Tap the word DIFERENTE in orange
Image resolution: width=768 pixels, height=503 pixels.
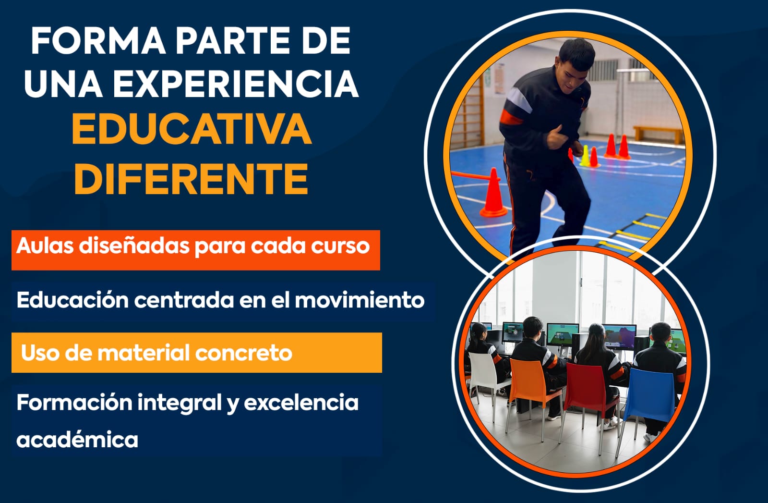click(192, 179)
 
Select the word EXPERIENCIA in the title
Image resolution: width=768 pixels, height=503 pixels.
click(236, 84)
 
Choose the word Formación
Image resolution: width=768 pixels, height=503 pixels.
click(74, 403)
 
